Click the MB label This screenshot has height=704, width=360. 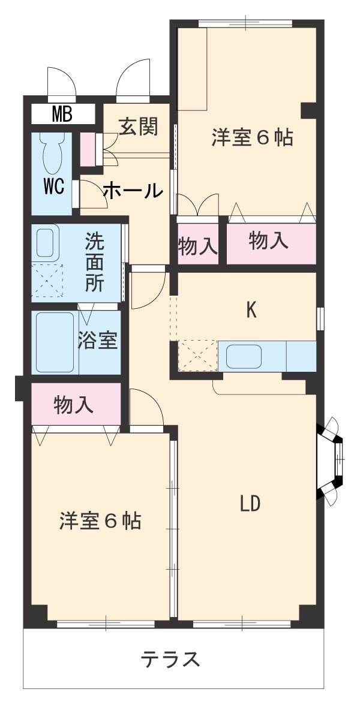click(x=62, y=113)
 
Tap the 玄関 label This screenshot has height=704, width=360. click(x=138, y=127)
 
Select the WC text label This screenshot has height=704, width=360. click(x=53, y=186)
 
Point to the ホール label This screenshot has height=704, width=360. click(x=133, y=191)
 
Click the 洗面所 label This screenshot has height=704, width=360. click(x=94, y=261)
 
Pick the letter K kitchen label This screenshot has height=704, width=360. click(x=252, y=310)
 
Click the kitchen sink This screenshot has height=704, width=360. click(x=244, y=357)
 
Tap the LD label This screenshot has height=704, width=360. click(x=250, y=504)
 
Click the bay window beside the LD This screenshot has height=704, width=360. click(x=332, y=459)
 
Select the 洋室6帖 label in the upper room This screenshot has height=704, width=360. click(x=251, y=138)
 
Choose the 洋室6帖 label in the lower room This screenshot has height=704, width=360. click(x=100, y=521)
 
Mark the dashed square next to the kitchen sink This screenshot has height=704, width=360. click(x=197, y=356)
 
